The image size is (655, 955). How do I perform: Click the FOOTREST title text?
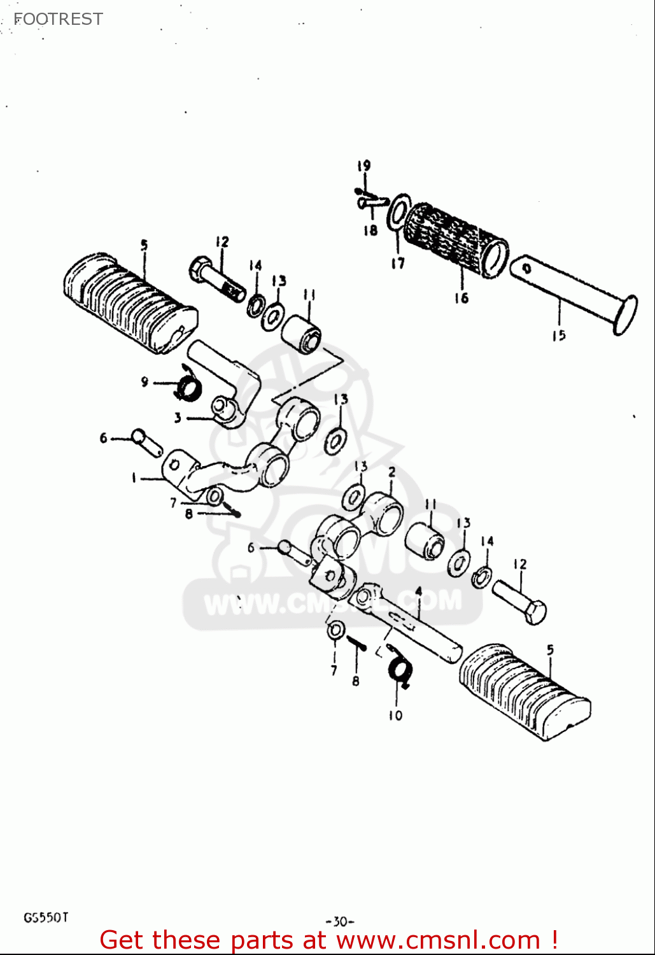(x=58, y=19)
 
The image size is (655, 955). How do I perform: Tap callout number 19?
(x=363, y=166)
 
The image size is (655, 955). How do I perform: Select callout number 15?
(x=558, y=336)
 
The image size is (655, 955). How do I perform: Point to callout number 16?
(x=461, y=297)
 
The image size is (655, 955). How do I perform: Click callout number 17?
(x=398, y=263)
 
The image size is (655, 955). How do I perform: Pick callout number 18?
(x=370, y=230)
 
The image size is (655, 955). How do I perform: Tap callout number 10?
(x=395, y=716)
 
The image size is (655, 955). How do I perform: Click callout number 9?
(x=144, y=382)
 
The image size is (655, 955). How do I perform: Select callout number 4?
(x=418, y=591)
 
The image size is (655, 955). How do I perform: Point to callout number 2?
(x=391, y=472)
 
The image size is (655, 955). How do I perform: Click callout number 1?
(x=134, y=478)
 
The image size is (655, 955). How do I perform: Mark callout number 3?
(x=178, y=418)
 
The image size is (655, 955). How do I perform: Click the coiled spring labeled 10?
(x=400, y=671)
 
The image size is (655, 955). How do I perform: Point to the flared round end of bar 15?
(x=624, y=314)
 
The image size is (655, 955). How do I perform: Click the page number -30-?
(x=339, y=921)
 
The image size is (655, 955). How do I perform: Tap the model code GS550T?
(x=46, y=917)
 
